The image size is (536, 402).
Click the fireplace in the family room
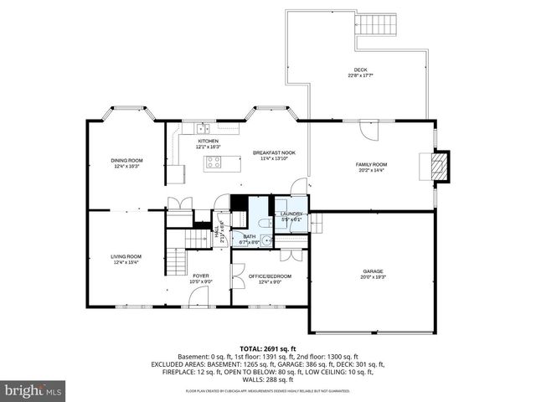440,165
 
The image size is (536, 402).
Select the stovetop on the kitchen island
213,162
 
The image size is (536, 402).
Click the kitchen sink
202,128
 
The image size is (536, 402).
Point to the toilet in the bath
262,223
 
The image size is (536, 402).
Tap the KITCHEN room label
208,141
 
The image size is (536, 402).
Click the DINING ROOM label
127,160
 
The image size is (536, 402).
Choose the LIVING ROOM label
126,256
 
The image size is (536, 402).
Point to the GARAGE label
373,271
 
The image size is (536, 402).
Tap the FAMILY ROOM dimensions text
372,170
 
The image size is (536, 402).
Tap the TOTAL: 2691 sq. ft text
268,348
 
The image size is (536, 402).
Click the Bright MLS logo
33,390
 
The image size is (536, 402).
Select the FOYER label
201,276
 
